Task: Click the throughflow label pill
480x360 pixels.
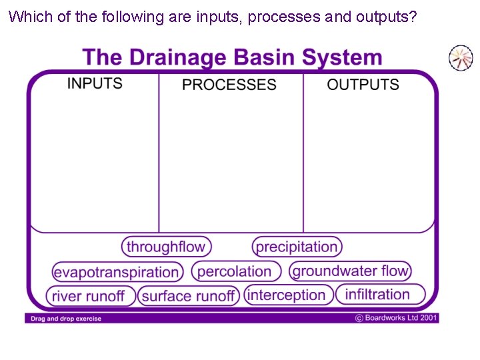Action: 166,247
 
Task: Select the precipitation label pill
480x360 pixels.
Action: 297,247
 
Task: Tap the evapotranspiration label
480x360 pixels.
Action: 117,272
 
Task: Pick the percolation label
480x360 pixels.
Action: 235,271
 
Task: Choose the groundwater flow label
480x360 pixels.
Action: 350,271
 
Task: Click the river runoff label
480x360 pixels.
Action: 91,296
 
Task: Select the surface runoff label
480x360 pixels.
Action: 189,296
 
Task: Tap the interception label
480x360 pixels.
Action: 287,295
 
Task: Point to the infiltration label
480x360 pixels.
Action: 379,294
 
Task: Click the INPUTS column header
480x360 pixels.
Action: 95,83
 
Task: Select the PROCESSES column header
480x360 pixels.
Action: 229,85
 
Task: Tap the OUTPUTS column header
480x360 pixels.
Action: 363,85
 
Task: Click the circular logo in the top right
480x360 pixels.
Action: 460,58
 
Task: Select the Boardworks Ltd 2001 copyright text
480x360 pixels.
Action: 396,318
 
